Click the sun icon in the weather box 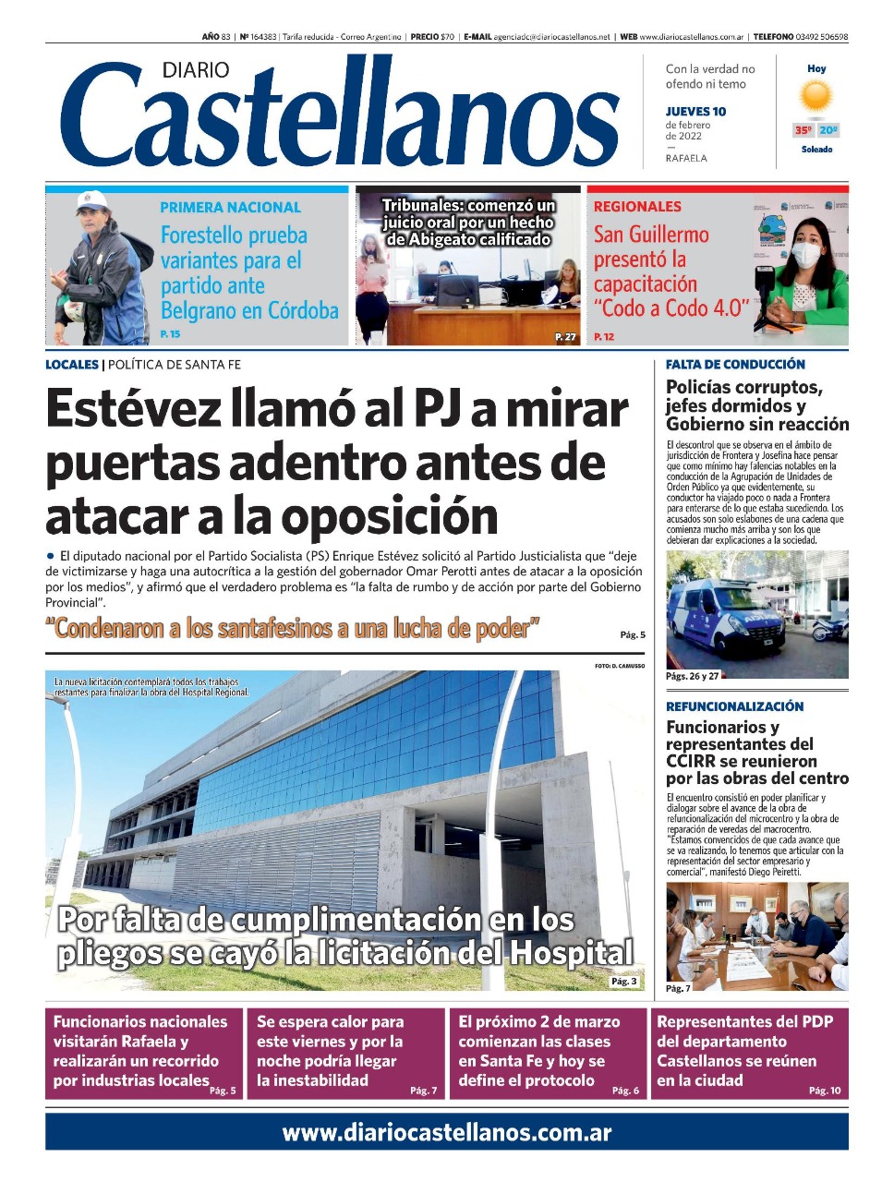816,97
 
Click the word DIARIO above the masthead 195,70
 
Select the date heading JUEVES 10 695,112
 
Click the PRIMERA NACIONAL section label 230,208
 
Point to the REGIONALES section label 637,207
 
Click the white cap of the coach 91,199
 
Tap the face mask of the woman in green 806,253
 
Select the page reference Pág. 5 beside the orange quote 633,634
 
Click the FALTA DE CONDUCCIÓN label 735,365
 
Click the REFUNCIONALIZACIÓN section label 734,706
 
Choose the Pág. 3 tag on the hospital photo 623,981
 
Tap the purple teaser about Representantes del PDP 750,1053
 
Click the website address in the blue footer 447,1132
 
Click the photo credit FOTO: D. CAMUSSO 620,665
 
